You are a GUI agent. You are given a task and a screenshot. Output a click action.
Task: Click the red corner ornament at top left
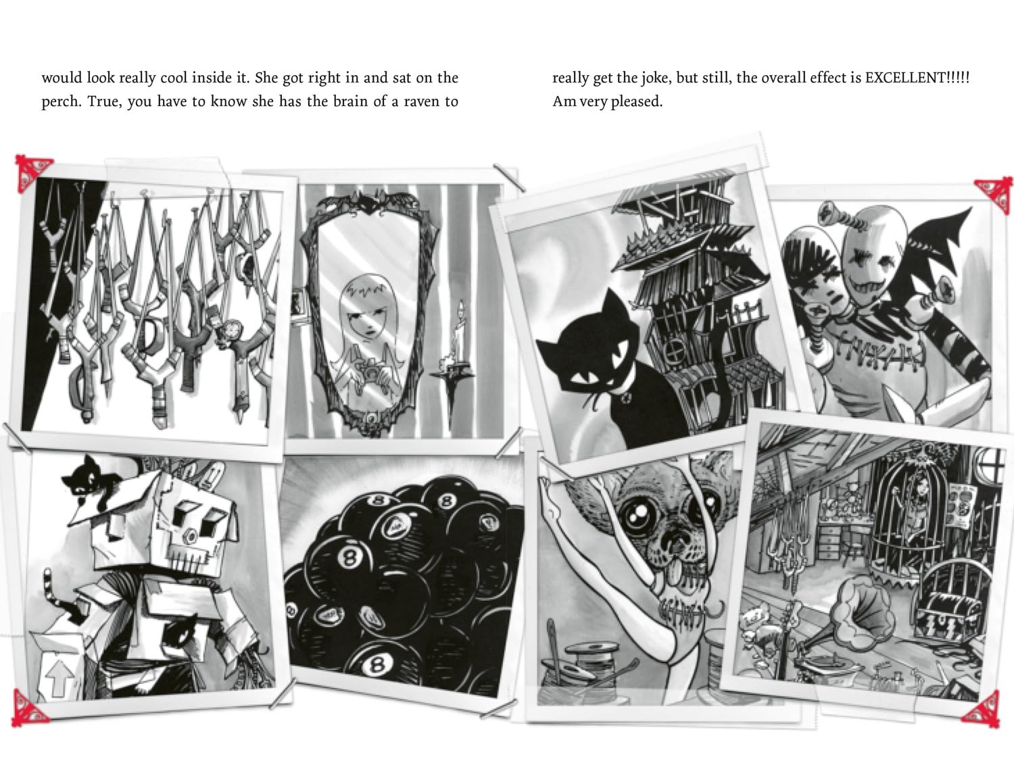pos(33,173)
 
